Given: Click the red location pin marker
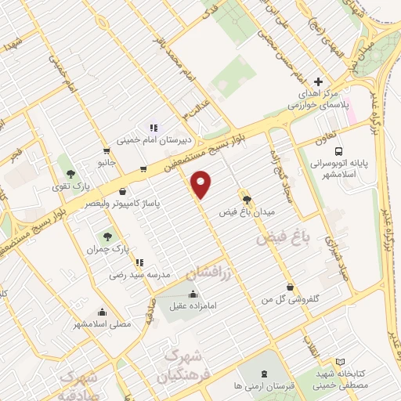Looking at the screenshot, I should coord(201,184).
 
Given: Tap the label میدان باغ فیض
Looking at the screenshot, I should coord(247,212).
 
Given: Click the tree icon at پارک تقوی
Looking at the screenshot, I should coord(71,174).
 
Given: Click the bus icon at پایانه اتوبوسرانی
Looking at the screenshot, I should coord(338,150).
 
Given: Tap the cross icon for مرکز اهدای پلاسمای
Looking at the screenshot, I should coord(317,81).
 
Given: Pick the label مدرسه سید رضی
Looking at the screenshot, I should coord(138,276).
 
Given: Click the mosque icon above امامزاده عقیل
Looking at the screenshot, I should coord(192,294).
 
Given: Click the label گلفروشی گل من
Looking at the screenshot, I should coord(291,299).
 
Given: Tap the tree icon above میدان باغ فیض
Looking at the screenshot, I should coord(247,200).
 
